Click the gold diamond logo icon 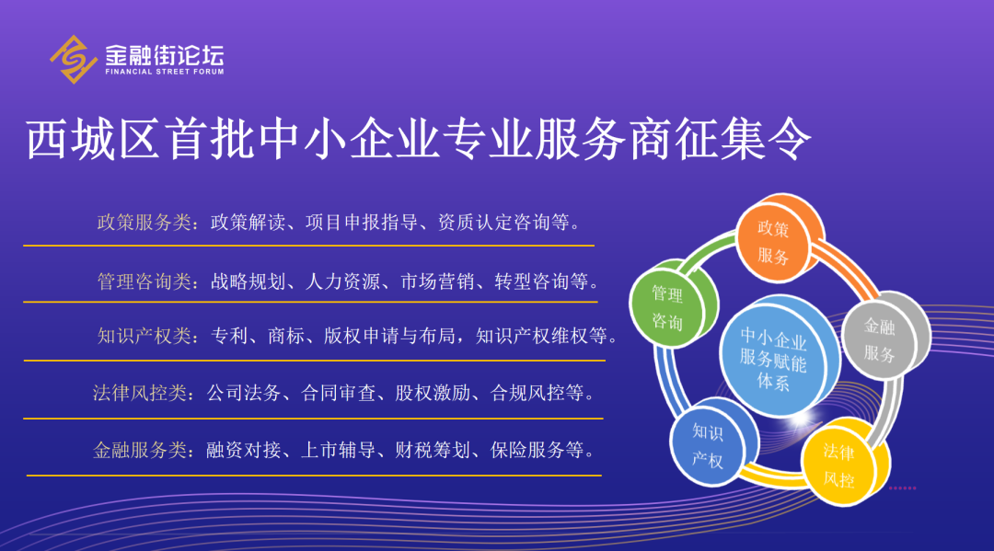pos(74,59)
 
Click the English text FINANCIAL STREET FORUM pos(165,72)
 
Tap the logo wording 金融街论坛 pos(165,55)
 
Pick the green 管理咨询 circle pos(673,304)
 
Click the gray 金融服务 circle pos(885,336)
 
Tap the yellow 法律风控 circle pos(846,463)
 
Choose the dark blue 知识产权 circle pos(714,442)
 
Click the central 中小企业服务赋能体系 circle pos(780,356)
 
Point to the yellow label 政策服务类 pos(144,223)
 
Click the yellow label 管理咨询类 pos(144,281)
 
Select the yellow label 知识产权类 pos(144,336)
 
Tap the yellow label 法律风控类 pos(140,394)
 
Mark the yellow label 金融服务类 pos(140,451)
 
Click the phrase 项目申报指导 pos(362,223)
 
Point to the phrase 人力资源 pos(342,281)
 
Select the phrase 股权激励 pos(433,394)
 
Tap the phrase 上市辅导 pos(338,451)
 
